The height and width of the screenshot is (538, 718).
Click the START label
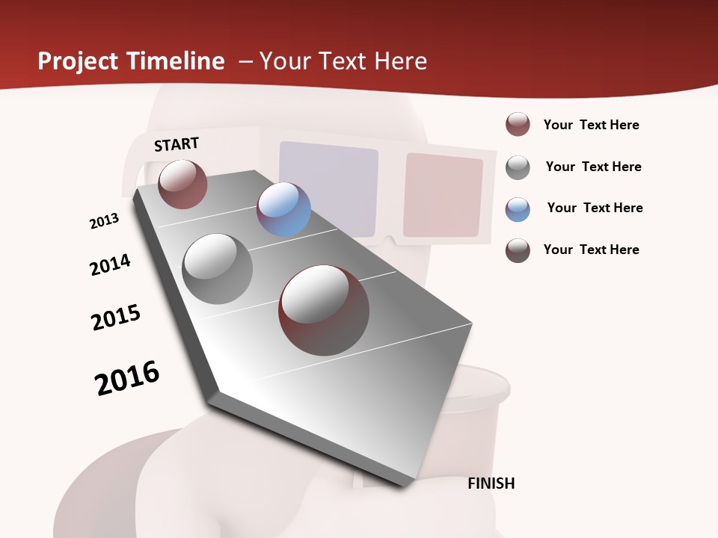(177, 144)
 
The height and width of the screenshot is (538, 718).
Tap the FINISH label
(491, 483)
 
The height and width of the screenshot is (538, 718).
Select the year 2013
(104, 221)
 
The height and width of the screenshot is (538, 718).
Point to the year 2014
(110, 265)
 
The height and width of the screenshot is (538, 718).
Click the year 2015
(116, 318)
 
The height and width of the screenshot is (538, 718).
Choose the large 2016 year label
(127, 378)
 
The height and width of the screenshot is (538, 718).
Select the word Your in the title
(285, 61)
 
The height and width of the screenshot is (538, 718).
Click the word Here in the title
(400, 61)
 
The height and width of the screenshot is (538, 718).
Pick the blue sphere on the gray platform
(283, 209)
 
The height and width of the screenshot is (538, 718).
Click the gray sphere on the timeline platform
(218, 268)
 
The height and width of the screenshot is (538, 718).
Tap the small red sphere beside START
(182, 184)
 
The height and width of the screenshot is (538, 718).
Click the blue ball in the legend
(518, 209)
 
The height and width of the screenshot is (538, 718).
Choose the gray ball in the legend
(518, 167)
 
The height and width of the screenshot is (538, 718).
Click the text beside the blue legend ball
(595, 208)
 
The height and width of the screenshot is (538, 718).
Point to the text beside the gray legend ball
(593, 167)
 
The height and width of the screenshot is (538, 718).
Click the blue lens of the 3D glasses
(328, 186)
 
